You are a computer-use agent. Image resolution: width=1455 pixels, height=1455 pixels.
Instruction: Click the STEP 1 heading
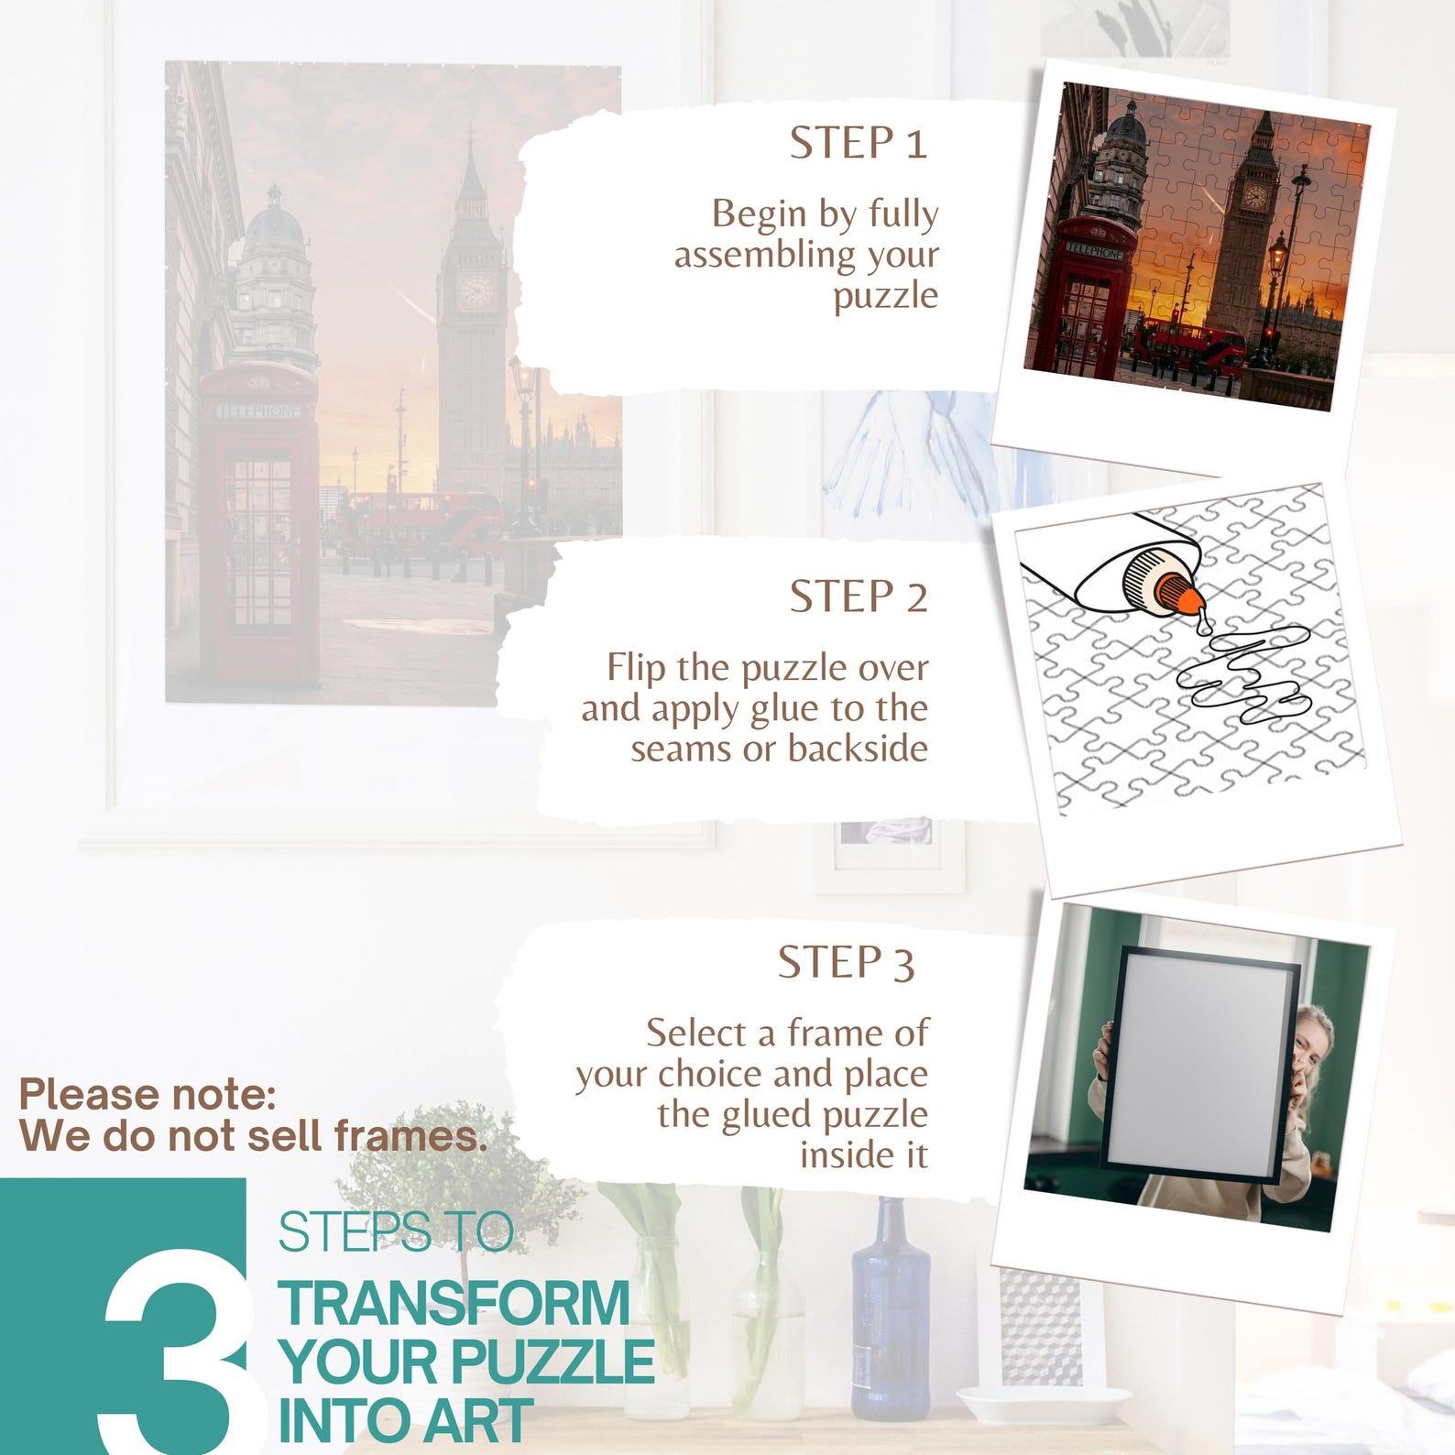coord(859,144)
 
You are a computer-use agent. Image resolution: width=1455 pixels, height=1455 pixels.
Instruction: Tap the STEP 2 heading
coord(859,597)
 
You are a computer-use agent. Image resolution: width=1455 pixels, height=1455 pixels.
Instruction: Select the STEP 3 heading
coord(846,962)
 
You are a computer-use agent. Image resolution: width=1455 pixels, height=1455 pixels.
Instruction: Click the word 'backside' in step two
coord(858,749)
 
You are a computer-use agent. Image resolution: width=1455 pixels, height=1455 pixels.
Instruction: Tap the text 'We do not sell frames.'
coord(253,1137)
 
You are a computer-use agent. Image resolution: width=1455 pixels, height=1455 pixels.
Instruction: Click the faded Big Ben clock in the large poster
coord(476,290)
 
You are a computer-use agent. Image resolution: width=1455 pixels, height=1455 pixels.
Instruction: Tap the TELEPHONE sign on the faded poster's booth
coord(257,412)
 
